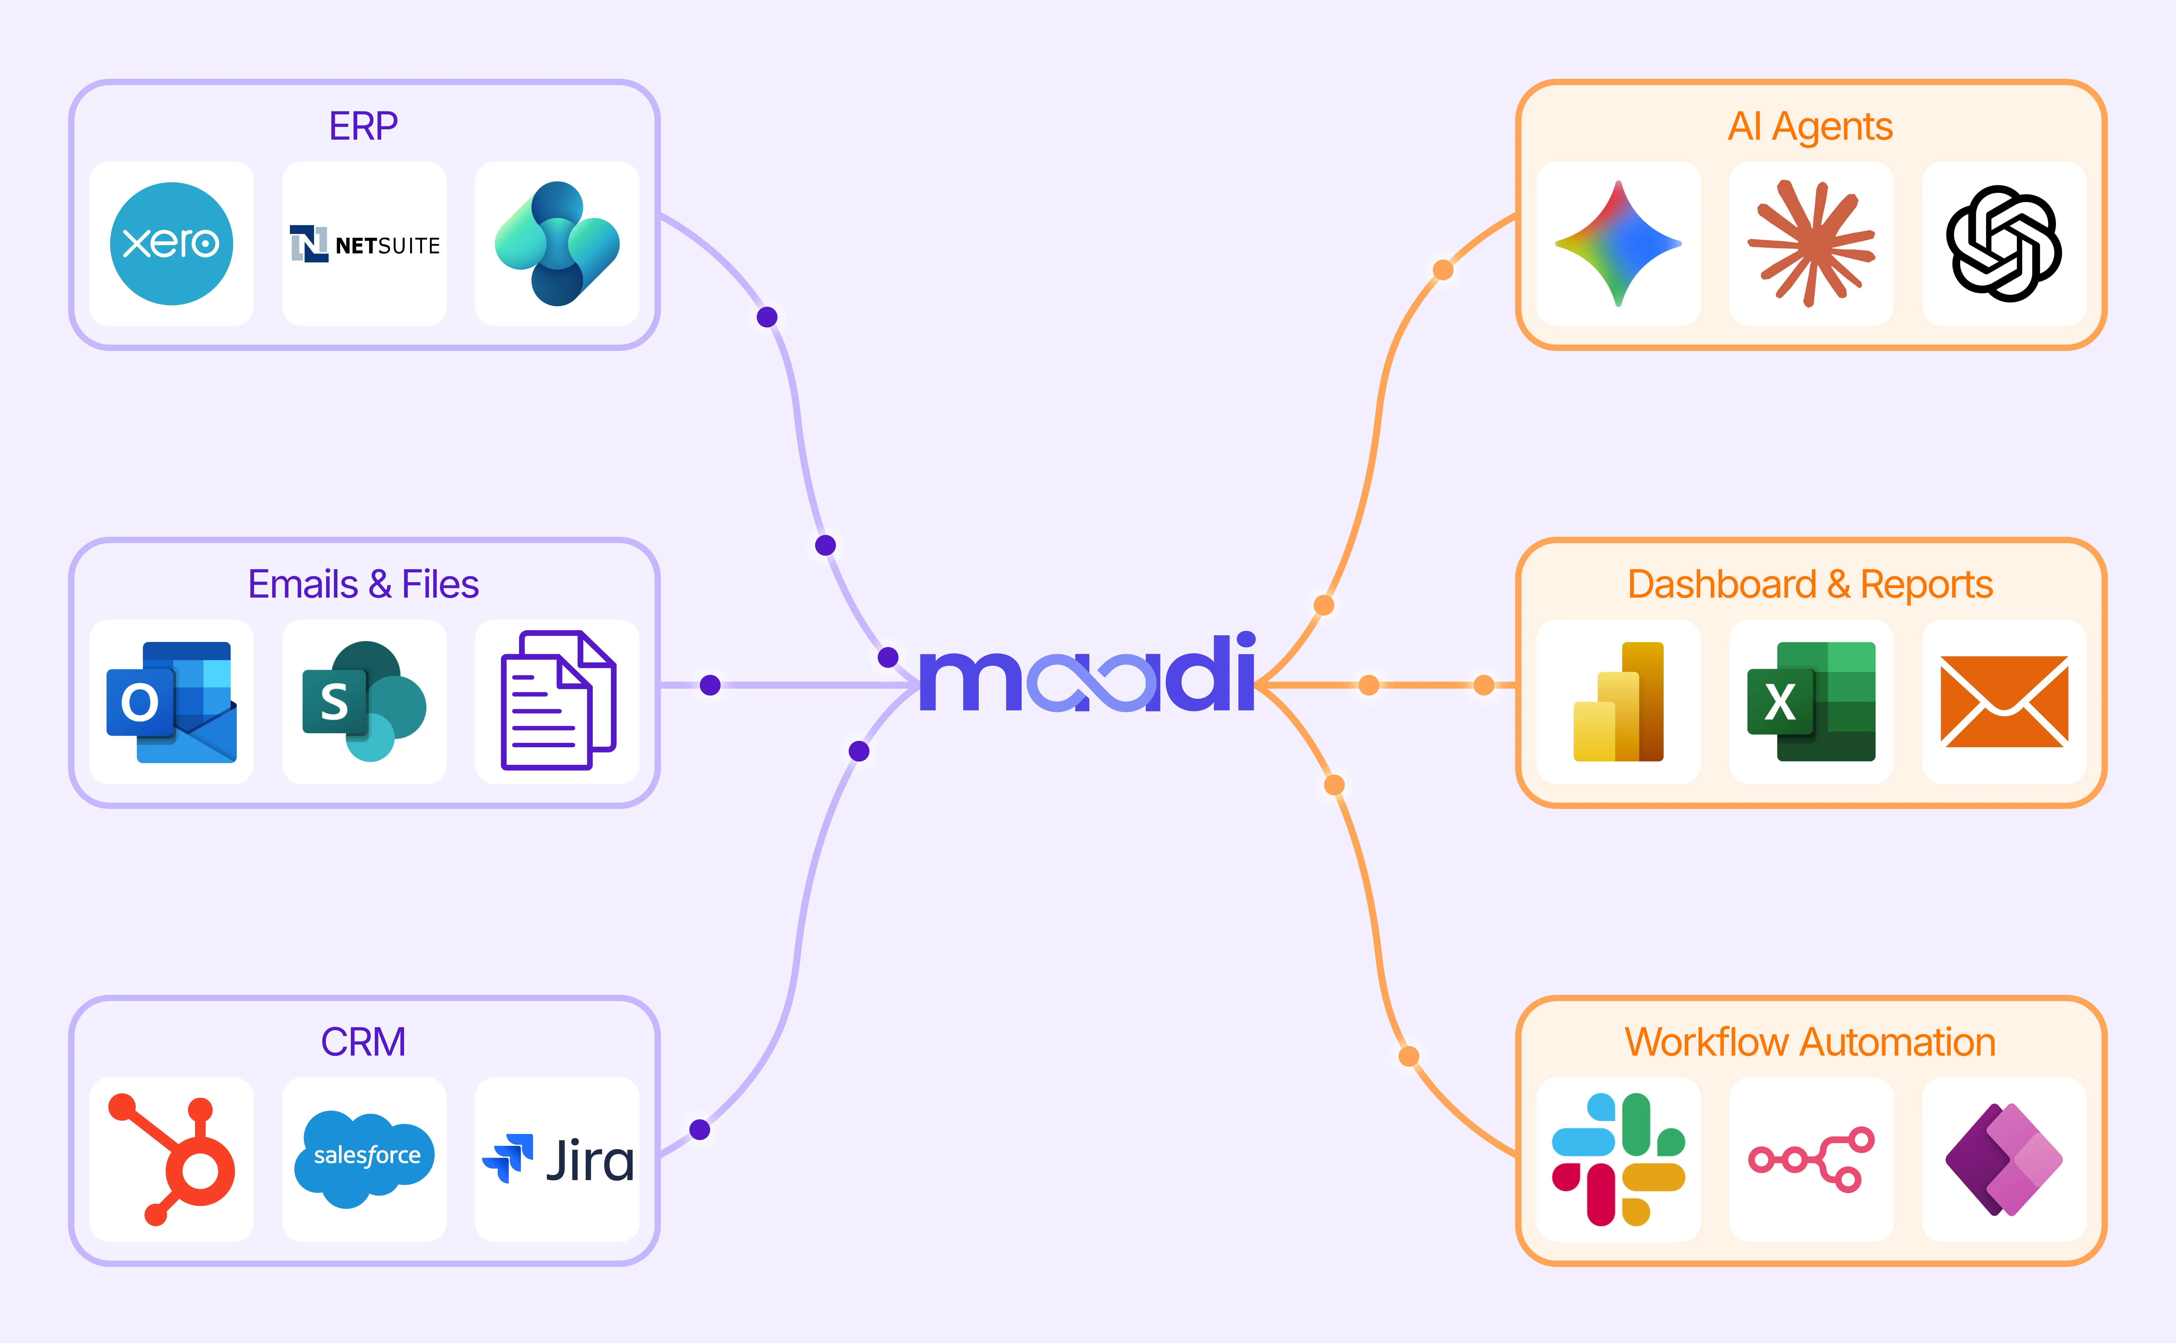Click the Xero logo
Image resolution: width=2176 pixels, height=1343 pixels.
coord(171,243)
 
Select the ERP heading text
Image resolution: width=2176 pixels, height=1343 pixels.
coord(363,126)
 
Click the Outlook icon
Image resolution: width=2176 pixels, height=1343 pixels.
coord(171,702)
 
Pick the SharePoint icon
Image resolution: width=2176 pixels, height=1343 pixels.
coord(364,702)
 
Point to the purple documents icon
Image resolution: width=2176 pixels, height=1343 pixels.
coord(558,700)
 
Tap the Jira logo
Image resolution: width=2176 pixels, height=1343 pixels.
coord(558,1159)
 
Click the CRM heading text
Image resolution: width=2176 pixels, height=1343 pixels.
coord(363,1042)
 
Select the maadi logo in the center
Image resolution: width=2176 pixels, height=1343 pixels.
coord(1088,672)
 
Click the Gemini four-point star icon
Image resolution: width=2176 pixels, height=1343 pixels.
coord(1618,243)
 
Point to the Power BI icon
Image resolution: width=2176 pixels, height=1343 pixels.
coord(1618,702)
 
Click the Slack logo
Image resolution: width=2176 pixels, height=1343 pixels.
coord(1618,1159)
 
